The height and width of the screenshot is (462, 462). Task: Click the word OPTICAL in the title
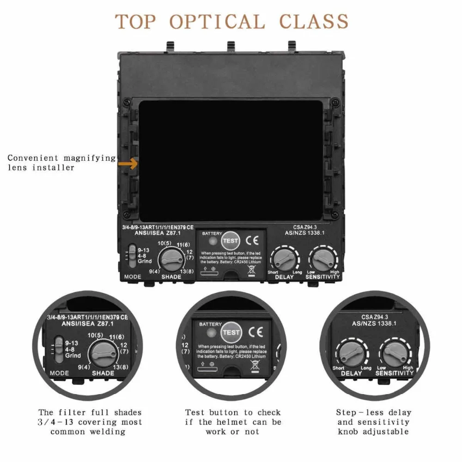click(x=217, y=22)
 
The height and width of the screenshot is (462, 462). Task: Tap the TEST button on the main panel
click(x=231, y=241)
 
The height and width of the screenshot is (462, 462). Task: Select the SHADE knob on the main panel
click(x=170, y=259)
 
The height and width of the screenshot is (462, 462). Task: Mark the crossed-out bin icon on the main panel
click(x=251, y=269)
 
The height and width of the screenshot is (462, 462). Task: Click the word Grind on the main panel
click(x=145, y=261)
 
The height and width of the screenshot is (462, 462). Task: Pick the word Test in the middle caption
click(x=195, y=412)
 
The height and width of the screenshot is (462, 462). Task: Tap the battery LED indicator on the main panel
click(x=213, y=241)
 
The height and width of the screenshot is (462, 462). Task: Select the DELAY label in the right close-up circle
click(x=352, y=373)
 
